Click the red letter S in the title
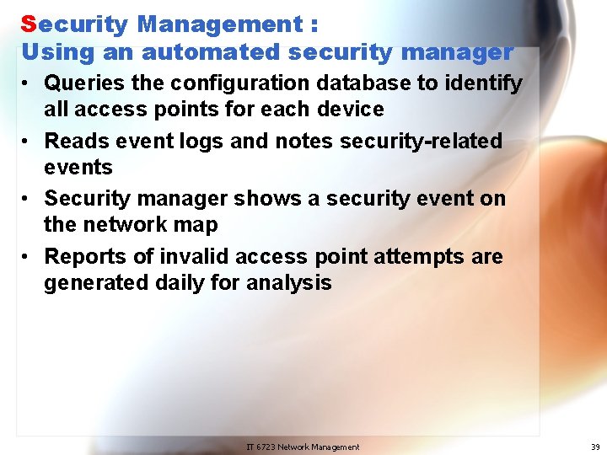[x=29, y=24]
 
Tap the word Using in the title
[x=54, y=53]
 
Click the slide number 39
[x=595, y=447]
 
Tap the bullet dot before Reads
[x=28, y=142]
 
